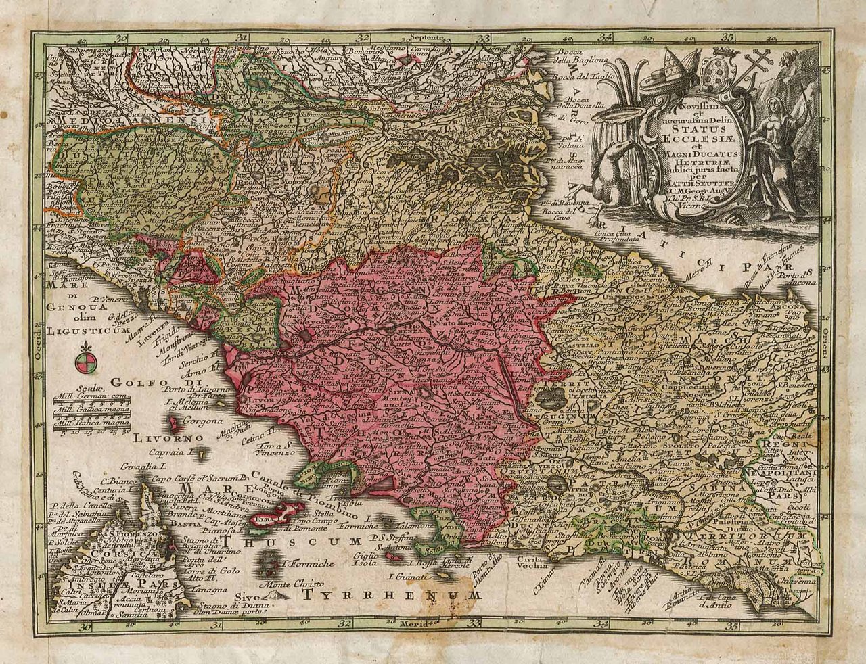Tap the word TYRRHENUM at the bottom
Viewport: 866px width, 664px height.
pos(392,594)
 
